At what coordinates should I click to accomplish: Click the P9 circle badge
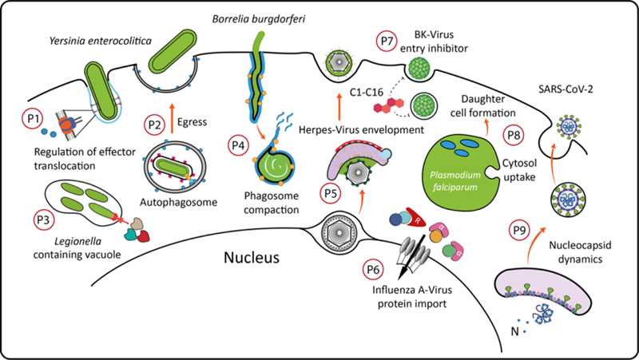(x=520, y=231)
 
